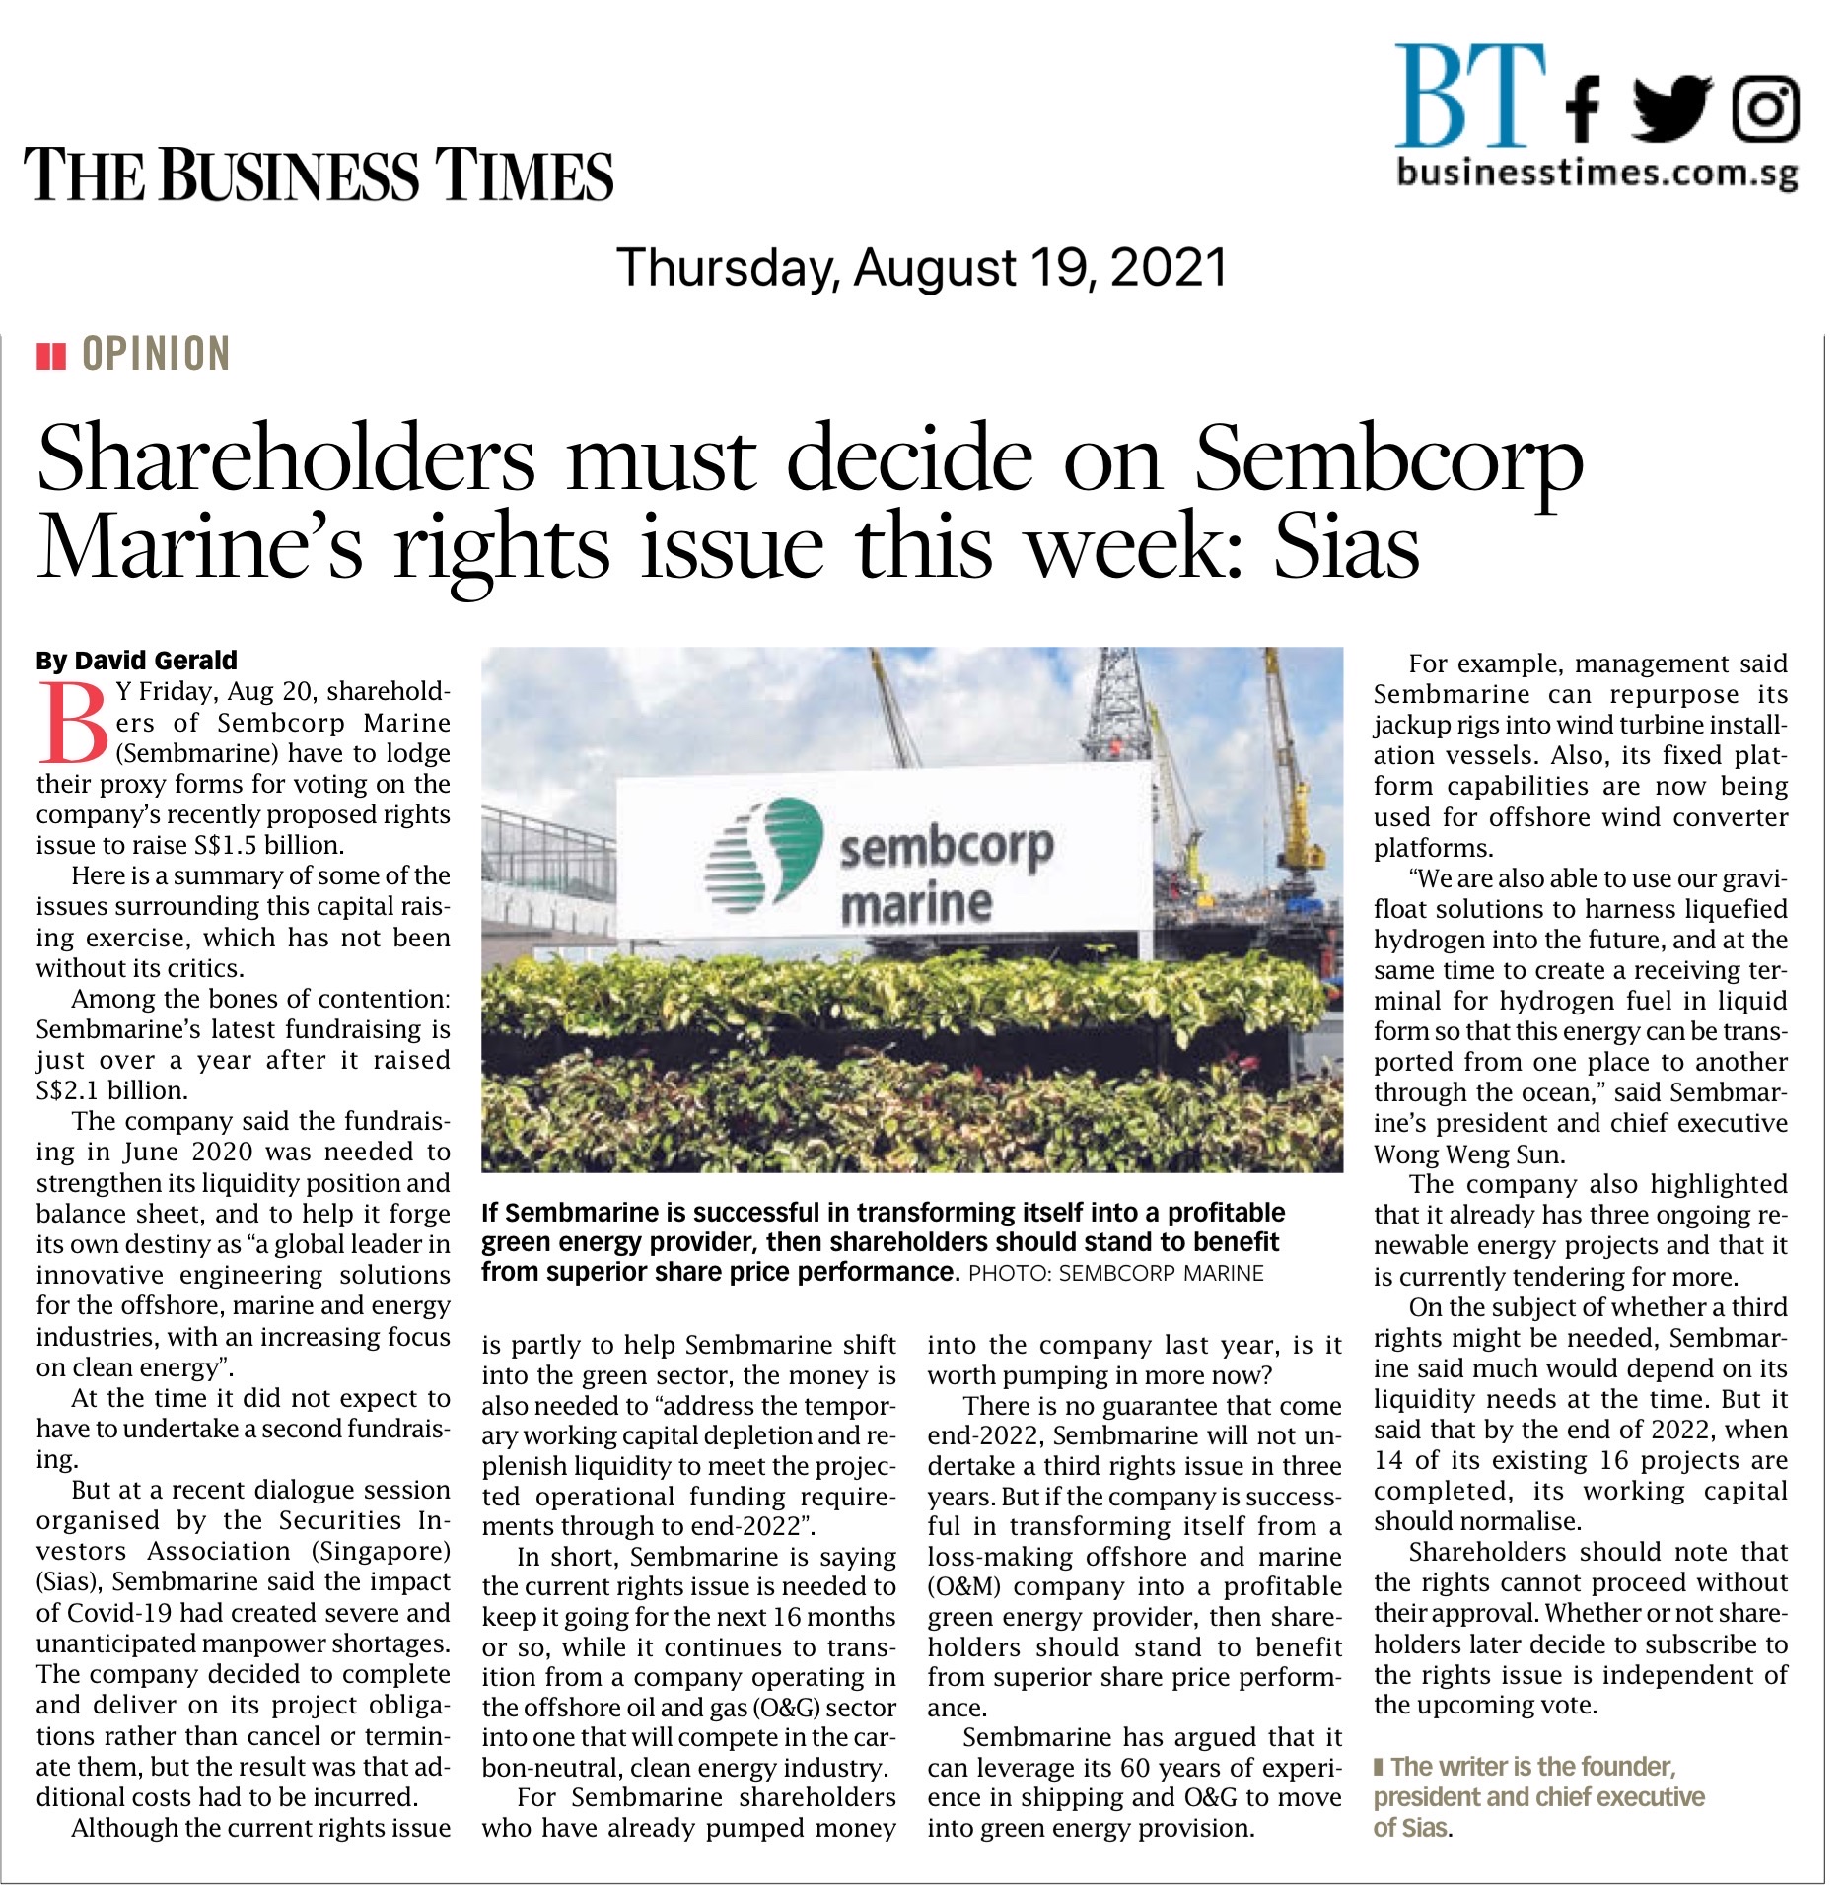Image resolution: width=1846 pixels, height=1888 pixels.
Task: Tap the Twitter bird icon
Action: (1674, 108)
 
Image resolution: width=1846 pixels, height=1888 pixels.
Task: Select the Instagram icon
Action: (1765, 108)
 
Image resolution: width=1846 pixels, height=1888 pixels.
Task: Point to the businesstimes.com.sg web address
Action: (1597, 174)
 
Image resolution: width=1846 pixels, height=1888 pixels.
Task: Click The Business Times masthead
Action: (319, 175)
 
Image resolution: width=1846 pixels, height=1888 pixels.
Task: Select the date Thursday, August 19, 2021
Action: (922, 268)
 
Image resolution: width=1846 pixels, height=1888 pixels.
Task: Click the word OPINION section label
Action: (156, 354)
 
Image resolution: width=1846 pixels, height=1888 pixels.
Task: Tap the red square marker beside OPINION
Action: (51, 355)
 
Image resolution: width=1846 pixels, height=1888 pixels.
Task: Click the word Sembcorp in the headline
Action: (1388, 459)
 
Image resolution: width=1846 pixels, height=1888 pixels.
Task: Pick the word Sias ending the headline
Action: (1346, 548)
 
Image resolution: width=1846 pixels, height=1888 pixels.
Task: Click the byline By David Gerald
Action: (137, 661)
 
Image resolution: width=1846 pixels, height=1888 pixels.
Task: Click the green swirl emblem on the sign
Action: (764, 851)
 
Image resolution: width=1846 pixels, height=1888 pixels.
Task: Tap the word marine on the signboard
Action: (916, 904)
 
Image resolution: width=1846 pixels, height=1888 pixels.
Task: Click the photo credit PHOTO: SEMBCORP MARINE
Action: (1115, 1273)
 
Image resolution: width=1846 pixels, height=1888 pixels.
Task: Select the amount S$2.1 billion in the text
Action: (111, 1090)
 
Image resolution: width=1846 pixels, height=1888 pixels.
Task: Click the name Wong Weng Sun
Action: (1469, 1154)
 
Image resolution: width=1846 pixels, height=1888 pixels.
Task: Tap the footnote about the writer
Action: (1538, 1796)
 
